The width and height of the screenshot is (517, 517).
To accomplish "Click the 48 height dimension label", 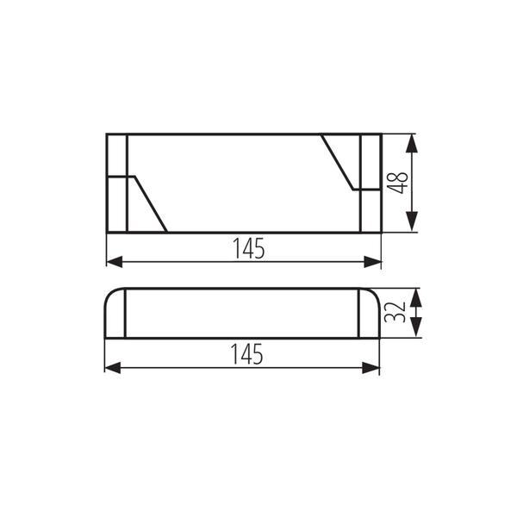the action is coord(397,183).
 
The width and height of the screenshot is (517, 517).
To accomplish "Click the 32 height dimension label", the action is coord(395,312).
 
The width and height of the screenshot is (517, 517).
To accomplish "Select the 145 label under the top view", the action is coord(249,248).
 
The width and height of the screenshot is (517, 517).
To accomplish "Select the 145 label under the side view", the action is coord(247,354).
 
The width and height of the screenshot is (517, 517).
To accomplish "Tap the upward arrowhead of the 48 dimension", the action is coord(412,143).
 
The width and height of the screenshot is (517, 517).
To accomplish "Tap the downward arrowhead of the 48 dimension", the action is coord(412,222).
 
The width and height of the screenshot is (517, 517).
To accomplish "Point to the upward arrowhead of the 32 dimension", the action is coord(416,298).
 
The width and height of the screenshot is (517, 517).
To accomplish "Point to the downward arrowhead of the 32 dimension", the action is coord(416,327).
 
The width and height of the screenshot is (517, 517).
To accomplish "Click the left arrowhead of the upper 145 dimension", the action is coord(115,262).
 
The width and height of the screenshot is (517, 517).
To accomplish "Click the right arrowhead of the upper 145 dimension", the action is coord(372,262).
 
